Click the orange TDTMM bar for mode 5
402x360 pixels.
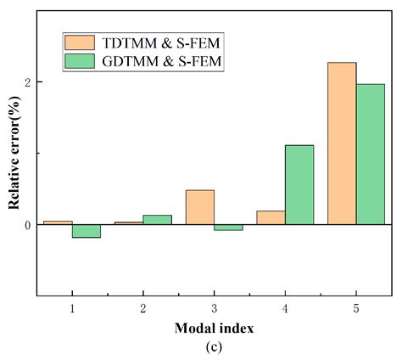(342, 143)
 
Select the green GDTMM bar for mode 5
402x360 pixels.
(371, 155)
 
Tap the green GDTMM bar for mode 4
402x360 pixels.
(299, 185)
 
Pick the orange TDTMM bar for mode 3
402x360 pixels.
(199, 207)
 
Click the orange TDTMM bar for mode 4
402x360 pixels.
(271, 217)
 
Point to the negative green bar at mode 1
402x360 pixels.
(86, 231)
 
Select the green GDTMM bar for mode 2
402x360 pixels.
(157, 220)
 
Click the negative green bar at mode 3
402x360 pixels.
(228, 228)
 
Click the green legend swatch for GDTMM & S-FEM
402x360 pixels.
(82, 61)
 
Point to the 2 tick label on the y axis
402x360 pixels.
(28, 82)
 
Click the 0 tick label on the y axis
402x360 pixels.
(28, 225)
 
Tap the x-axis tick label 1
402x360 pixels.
(71, 307)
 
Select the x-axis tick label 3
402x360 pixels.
(214, 307)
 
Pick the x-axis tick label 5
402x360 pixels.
(356, 307)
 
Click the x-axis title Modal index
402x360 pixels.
(214, 328)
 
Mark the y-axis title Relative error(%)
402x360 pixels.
(14, 153)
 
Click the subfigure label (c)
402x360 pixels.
(214, 346)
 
